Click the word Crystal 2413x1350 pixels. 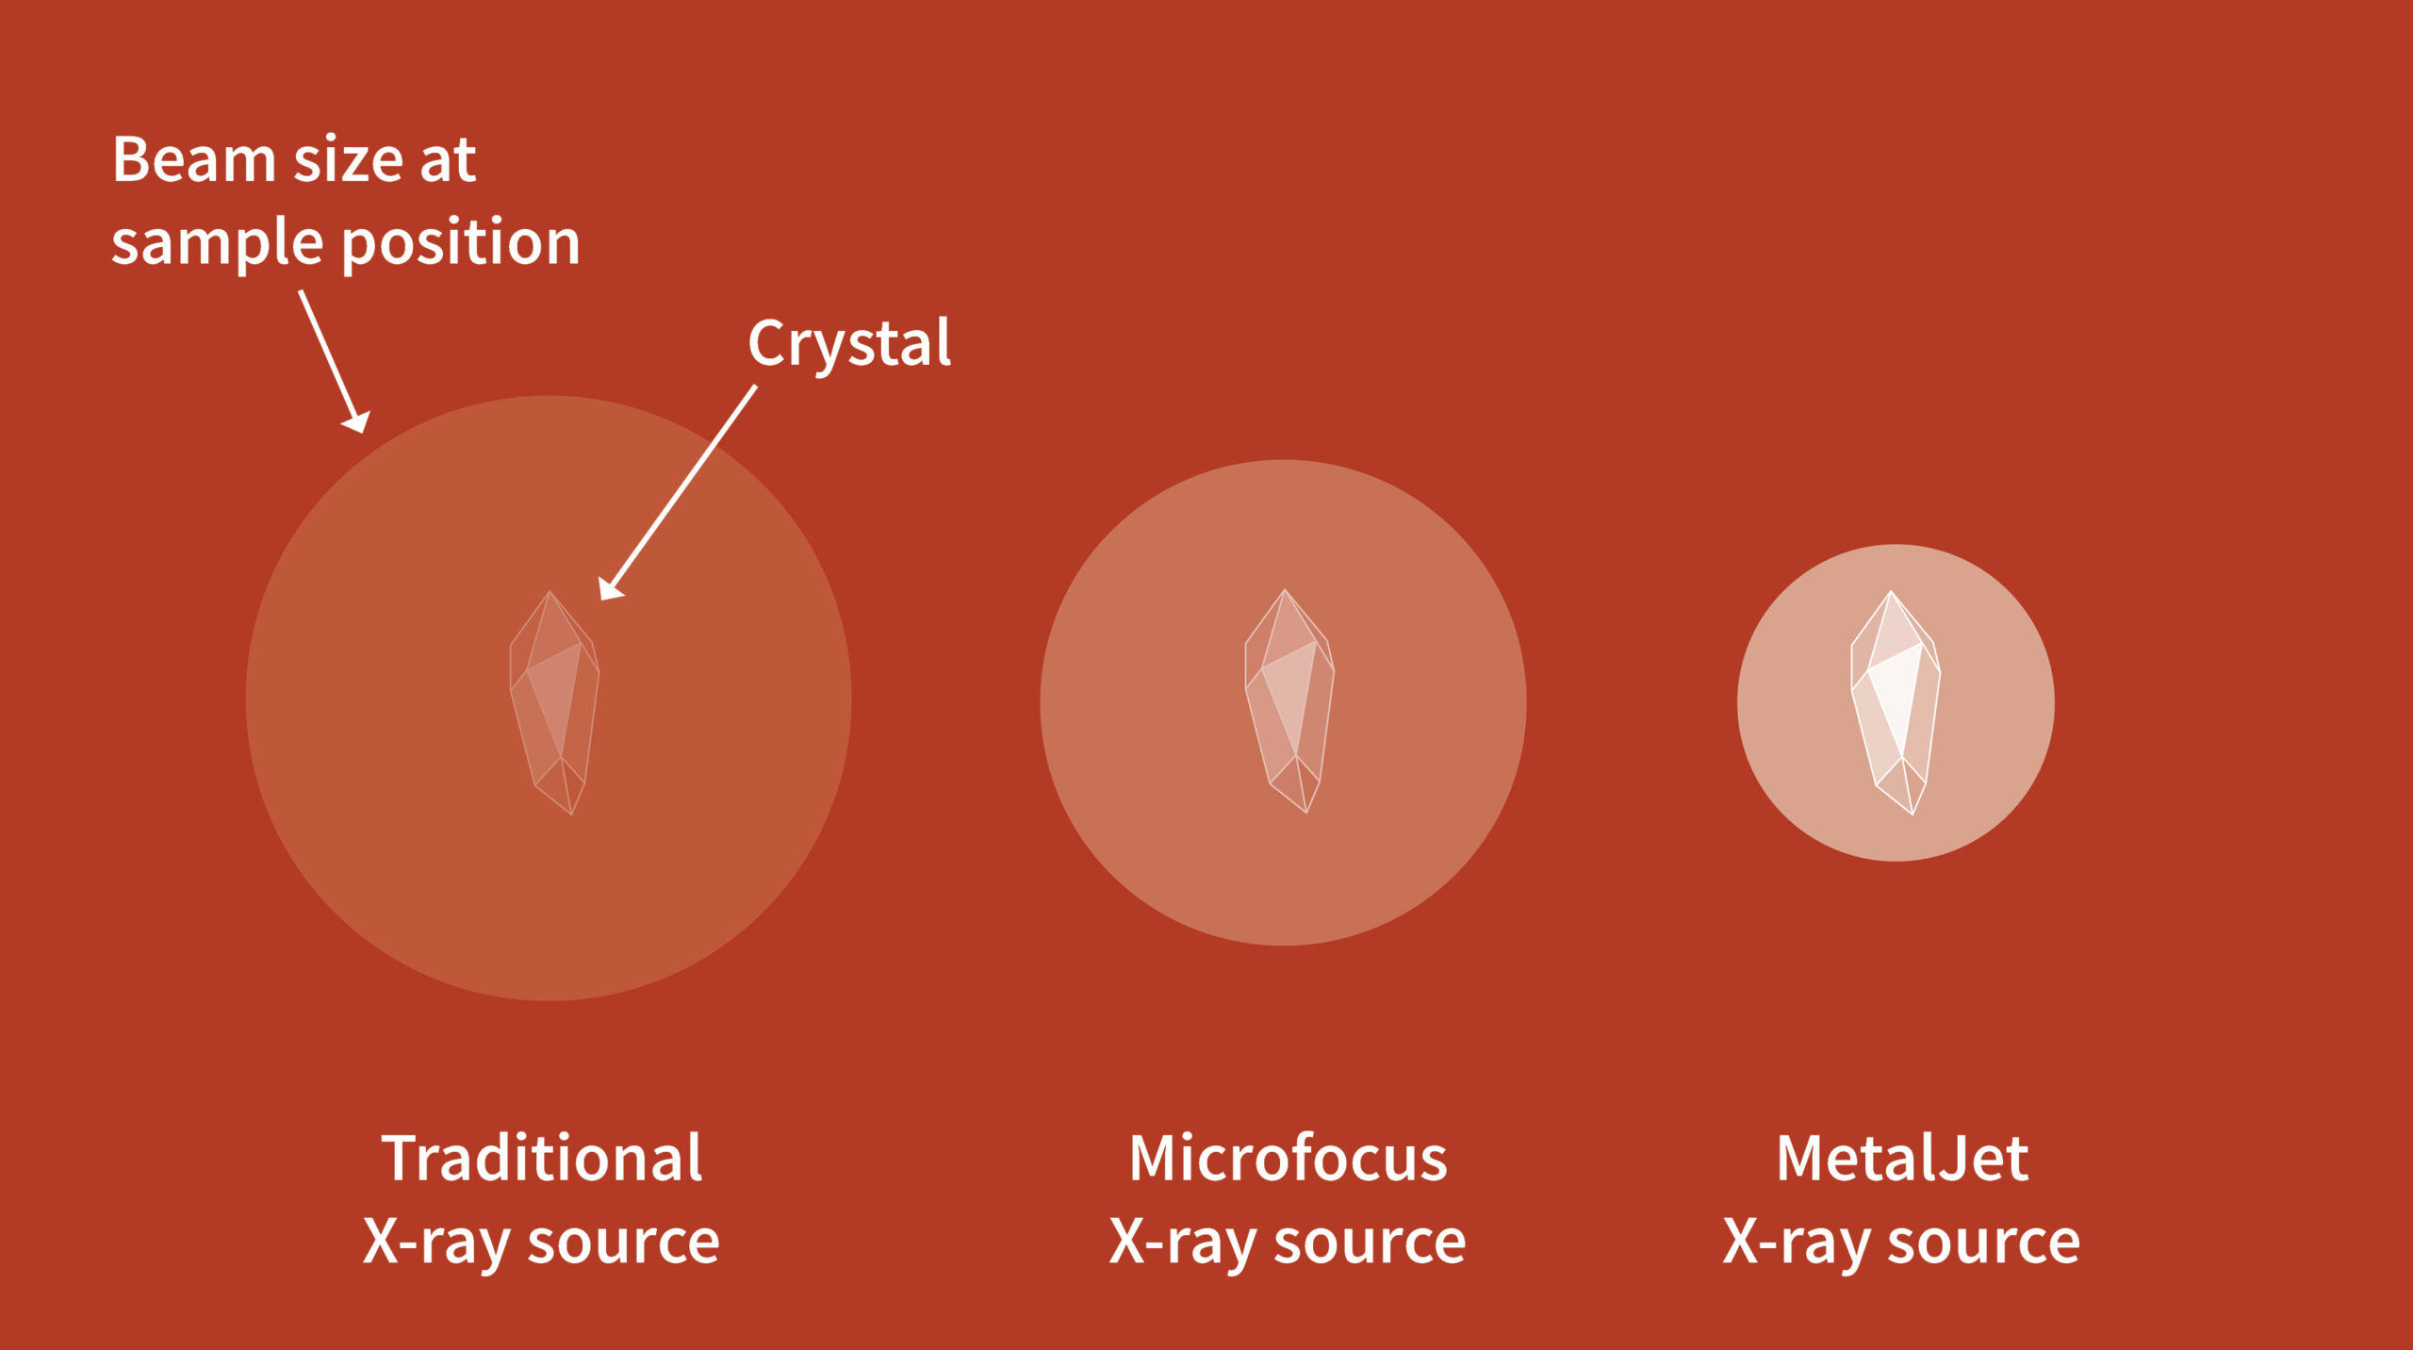[849, 345]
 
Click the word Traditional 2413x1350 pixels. [542, 1158]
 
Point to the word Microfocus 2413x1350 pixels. [1289, 1158]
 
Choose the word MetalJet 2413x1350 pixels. [1903, 1158]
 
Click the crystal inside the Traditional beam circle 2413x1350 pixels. [554, 702]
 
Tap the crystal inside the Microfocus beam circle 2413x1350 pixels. [1289, 701]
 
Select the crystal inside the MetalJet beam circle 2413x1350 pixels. [1896, 702]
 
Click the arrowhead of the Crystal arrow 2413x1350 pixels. [611, 588]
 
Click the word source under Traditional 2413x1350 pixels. [624, 1243]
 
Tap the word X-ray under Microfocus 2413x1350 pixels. [1182, 1244]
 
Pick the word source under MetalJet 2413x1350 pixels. [1984, 1243]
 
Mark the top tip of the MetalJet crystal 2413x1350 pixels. [1890, 591]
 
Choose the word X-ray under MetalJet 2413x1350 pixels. [1797, 1244]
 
